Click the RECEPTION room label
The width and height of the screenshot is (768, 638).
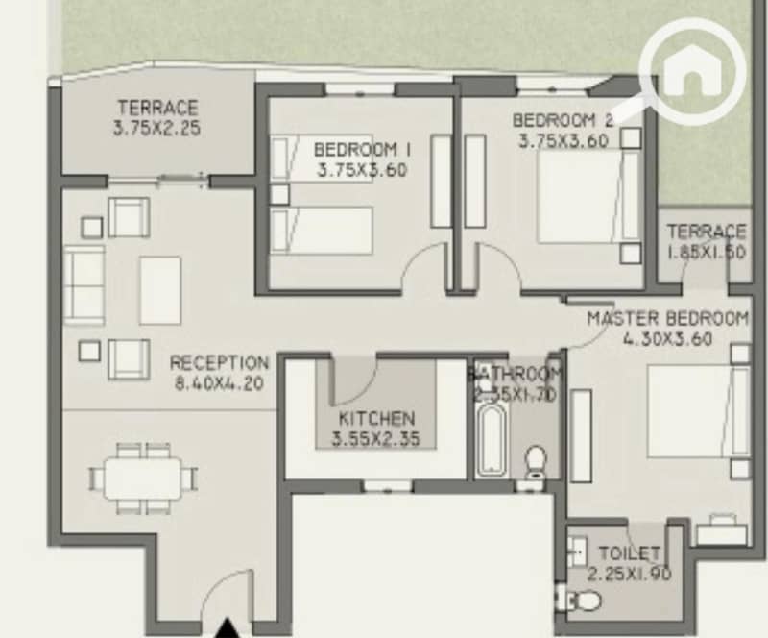point(219,363)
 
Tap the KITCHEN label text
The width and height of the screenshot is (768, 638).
point(376,419)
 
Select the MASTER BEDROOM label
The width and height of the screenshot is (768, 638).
point(667,319)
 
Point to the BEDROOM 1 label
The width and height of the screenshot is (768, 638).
point(362,149)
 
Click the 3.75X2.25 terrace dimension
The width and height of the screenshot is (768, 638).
point(156,129)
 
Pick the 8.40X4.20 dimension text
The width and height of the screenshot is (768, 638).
point(219,383)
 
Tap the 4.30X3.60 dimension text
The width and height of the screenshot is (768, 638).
point(667,339)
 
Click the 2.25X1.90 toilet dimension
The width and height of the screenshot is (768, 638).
point(629,574)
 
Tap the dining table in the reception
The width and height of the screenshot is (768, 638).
point(143,478)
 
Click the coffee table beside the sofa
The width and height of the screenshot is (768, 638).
point(160,290)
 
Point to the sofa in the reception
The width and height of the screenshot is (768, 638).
point(84,286)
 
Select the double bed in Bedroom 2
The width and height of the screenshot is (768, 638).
point(588,197)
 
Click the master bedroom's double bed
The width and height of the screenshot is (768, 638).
point(698,411)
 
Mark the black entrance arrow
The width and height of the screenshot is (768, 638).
point(228,628)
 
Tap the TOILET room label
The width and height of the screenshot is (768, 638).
point(630,553)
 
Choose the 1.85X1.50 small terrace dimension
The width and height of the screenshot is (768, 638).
point(707,252)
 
